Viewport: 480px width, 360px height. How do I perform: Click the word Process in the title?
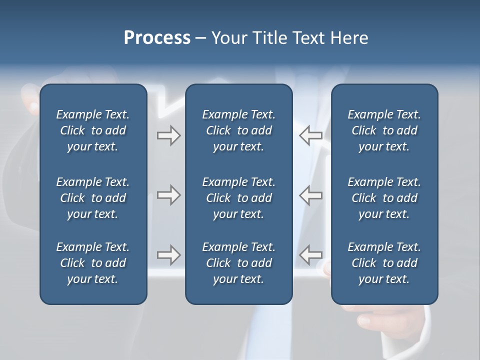click(157, 38)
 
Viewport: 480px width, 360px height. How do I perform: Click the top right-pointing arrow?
click(168, 135)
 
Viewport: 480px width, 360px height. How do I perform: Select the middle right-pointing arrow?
click(168, 195)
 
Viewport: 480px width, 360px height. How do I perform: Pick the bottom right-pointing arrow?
click(168, 255)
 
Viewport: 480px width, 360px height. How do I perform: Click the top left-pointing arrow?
click(310, 135)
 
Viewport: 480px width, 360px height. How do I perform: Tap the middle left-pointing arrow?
click(310, 195)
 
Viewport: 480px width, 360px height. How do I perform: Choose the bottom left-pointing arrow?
click(310, 255)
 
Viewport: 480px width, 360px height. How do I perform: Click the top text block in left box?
click(93, 130)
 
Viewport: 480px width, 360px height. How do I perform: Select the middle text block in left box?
click(93, 198)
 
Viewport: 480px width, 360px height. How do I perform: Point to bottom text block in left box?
click(93, 263)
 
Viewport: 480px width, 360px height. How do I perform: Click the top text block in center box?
click(238, 130)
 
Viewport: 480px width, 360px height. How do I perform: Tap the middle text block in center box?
click(238, 198)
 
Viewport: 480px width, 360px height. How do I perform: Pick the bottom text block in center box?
click(238, 263)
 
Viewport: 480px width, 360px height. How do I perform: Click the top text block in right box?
click(384, 130)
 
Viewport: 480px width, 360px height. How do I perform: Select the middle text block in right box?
click(384, 198)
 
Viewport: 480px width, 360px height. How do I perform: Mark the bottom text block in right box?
click(384, 263)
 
